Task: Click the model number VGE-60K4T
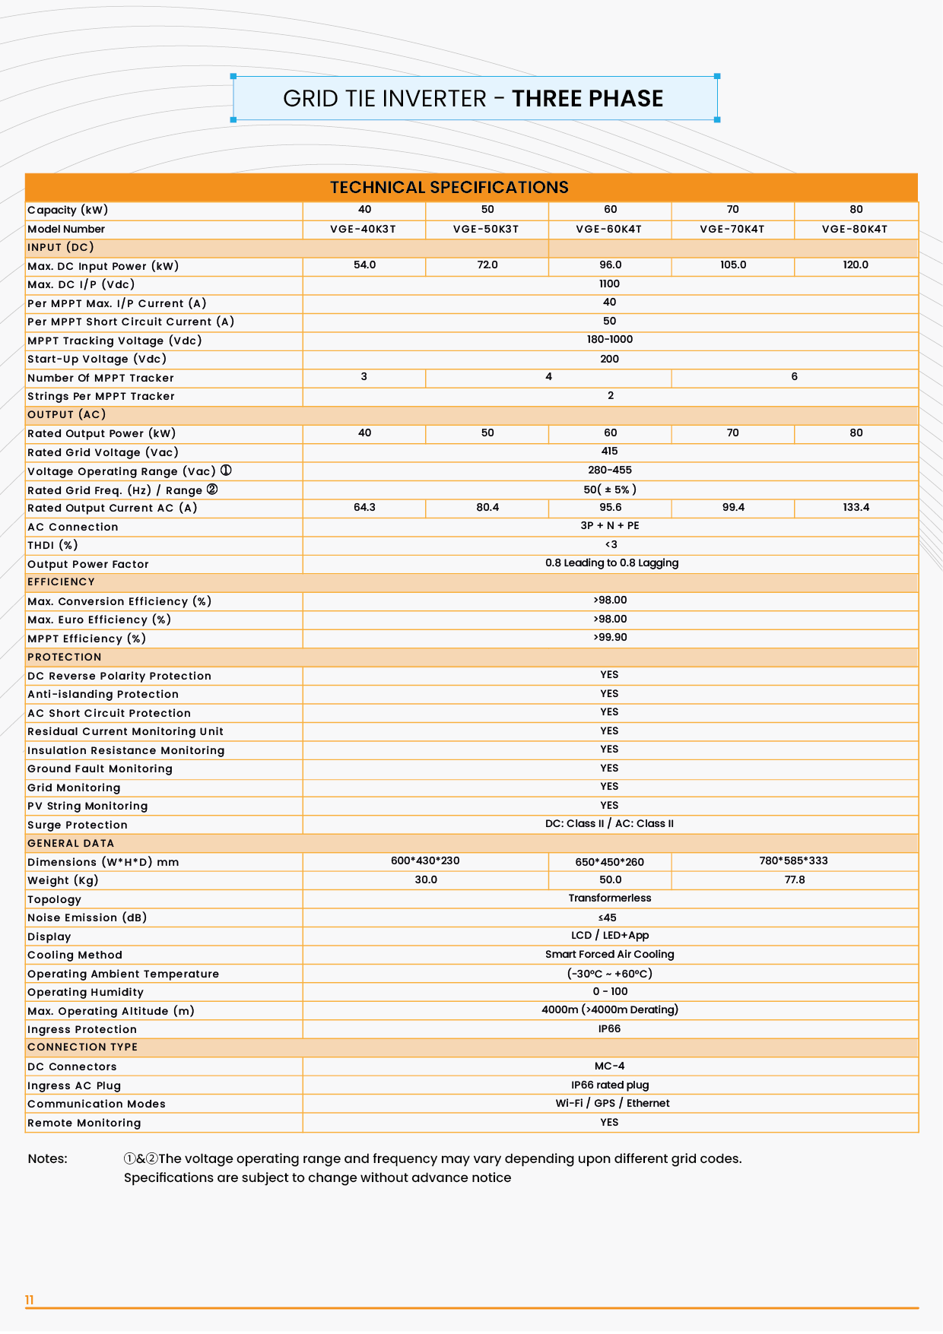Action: pos(609,229)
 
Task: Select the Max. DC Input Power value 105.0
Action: pos(733,265)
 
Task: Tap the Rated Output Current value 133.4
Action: pos(856,507)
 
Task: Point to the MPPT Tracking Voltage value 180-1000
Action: pos(610,340)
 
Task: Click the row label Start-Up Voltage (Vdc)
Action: pos(97,359)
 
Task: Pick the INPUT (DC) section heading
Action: pos(61,247)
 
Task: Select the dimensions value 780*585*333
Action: pos(793,861)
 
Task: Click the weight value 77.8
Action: pos(795,879)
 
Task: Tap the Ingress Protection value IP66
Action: pos(609,1028)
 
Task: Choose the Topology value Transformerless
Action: pos(610,898)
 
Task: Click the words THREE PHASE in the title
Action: pos(587,99)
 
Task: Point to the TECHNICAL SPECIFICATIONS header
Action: pos(449,188)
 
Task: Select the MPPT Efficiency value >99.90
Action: pos(610,638)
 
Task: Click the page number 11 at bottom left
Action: pos(30,1300)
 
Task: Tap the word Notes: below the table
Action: pos(47,1158)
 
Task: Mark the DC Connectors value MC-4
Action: pos(609,1066)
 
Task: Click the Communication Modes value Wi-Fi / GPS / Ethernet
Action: pos(612,1103)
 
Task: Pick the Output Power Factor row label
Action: pos(88,564)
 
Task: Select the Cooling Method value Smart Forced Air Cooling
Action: pos(610,954)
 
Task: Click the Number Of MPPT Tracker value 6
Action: pos(794,377)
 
